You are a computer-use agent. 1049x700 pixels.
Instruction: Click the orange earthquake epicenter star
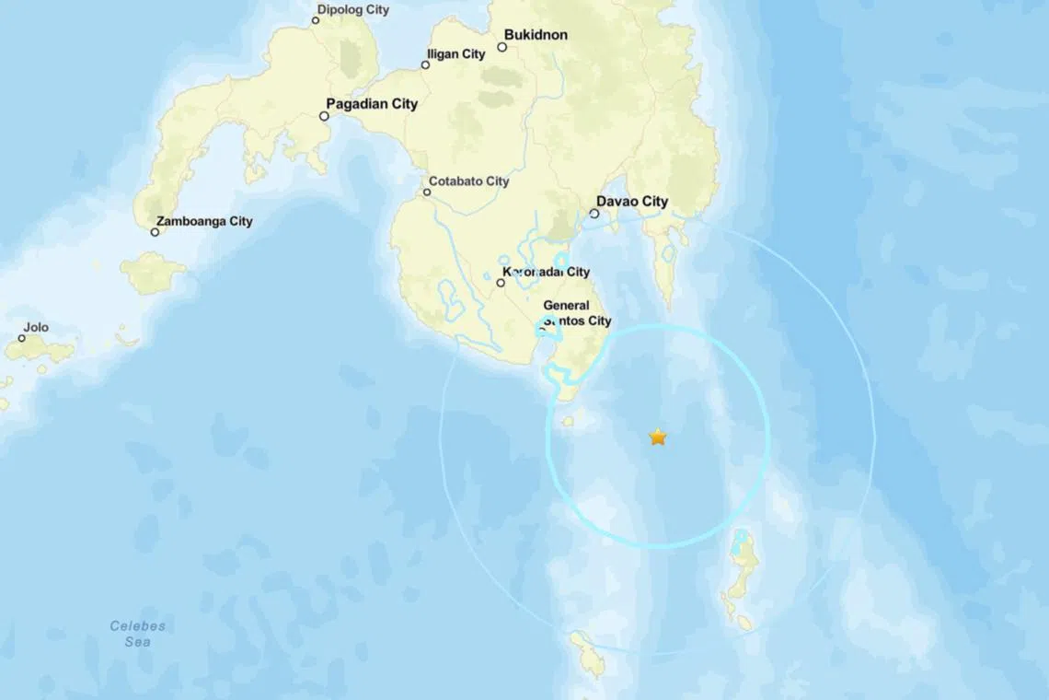tap(657, 437)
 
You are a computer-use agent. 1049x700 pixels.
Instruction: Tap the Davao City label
tap(632, 202)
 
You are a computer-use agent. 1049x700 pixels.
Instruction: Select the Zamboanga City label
tap(204, 221)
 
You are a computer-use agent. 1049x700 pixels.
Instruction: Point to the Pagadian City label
tap(372, 104)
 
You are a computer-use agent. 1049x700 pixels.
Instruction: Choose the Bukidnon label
tap(536, 35)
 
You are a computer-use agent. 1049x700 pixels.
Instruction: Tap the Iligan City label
tap(456, 54)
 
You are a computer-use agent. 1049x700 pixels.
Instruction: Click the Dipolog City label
tap(353, 10)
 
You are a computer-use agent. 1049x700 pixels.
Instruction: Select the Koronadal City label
tap(547, 272)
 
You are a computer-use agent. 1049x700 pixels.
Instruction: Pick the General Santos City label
tap(577, 313)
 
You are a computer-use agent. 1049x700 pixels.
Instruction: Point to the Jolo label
tap(36, 327)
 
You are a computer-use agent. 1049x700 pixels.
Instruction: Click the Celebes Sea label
tap(138, 634)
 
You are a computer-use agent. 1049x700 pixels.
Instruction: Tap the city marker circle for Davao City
tap(594, 214)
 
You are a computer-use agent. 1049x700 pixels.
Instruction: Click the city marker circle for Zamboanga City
tap(155, 232)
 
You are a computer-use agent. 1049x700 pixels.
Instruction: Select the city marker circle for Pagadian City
tap(324, 116)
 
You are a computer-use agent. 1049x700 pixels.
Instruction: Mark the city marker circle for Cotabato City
tap(427, 192)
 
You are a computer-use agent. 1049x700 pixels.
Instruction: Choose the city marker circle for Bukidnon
tap(502, 47)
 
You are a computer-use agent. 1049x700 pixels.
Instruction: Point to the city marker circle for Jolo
tap(22, 338)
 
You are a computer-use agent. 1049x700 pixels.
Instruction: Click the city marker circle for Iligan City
tap(425, 64)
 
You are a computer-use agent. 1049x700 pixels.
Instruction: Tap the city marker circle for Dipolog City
tap(316, 20)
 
